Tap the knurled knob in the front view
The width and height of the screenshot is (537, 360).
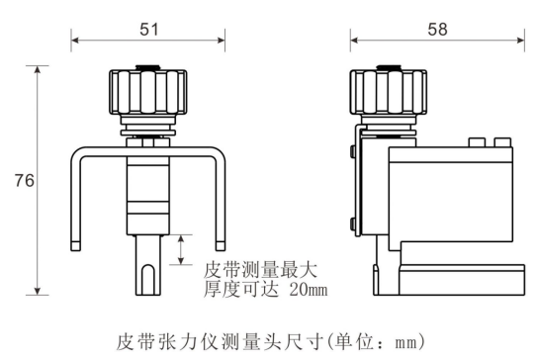[x=146, y=94]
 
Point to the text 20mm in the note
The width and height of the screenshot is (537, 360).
[x=304, y=290]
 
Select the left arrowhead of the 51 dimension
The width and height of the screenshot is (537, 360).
[x=74, y=42]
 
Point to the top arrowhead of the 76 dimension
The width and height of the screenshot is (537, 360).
[x=39, y=70]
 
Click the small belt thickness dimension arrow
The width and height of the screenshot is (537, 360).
[x=180, y=249]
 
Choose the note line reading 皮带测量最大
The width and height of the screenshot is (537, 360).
[x=262, y=269]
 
